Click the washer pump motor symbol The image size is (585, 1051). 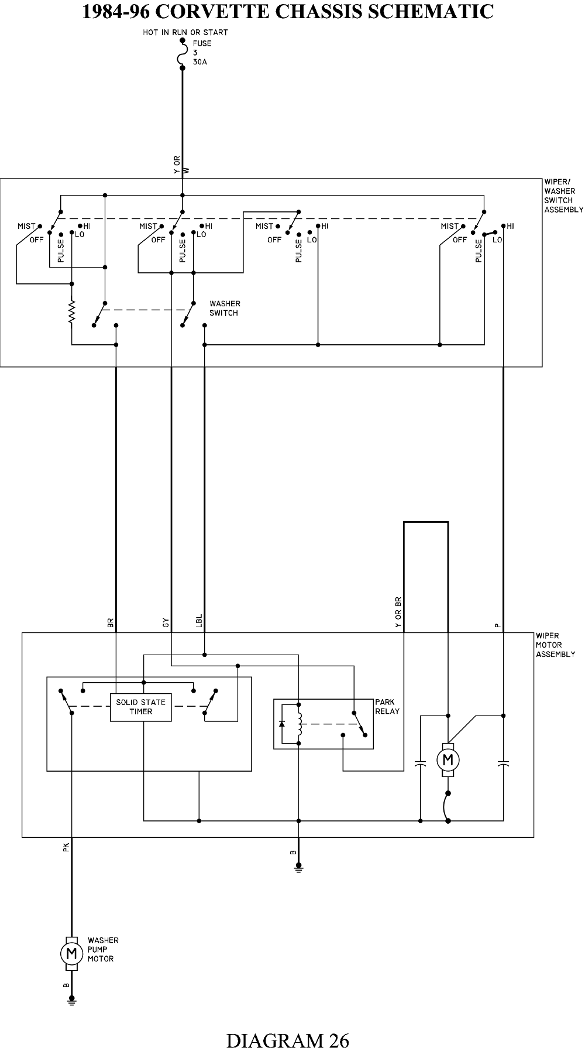(71, 954)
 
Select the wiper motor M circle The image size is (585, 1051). (448, 760)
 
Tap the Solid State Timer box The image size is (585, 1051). (141, 707)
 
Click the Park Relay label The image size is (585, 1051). (387, 706)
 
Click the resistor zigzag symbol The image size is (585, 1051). (72, 313)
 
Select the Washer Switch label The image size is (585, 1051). (225, 309)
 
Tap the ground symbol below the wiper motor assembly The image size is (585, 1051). (298, 868)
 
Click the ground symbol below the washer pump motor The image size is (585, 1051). (71, 1002)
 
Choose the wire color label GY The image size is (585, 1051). (166, 624)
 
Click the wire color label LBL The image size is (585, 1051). (199, 621)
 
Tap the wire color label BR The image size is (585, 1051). (111, 624)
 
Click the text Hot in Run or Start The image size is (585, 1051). (185, 32)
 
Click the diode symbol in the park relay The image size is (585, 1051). (282, 724)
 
